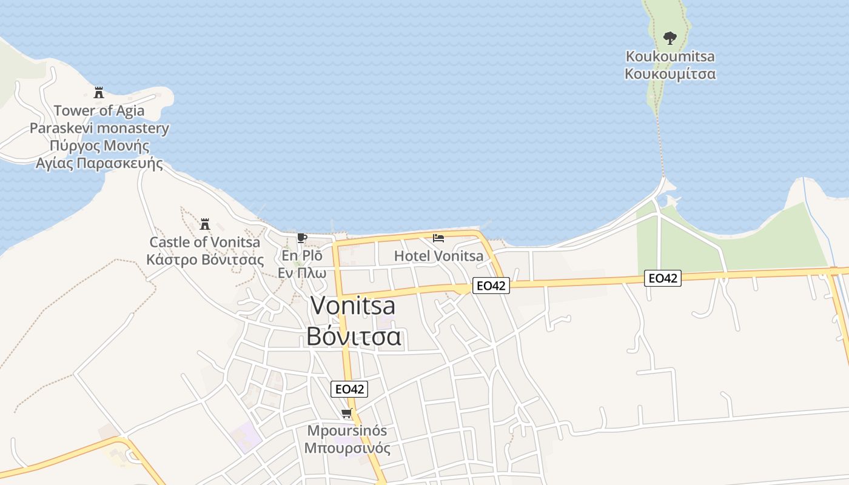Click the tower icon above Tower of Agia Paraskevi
99,93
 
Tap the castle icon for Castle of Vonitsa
205,224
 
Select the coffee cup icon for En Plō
302,238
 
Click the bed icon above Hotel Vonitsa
438,238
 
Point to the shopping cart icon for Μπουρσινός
347,414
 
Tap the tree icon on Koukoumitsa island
670,39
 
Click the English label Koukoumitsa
670,56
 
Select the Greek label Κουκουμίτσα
670,74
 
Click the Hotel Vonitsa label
439,256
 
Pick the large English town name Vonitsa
353,306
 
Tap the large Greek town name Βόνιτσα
354,336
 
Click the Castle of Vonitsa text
205,242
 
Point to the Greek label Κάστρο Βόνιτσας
205,260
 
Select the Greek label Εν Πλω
302,273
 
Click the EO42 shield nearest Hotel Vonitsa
491,286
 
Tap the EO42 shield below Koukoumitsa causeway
663,278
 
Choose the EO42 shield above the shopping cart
349,389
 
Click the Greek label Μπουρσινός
347,449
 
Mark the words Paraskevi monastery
99,129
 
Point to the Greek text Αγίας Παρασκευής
99,164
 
